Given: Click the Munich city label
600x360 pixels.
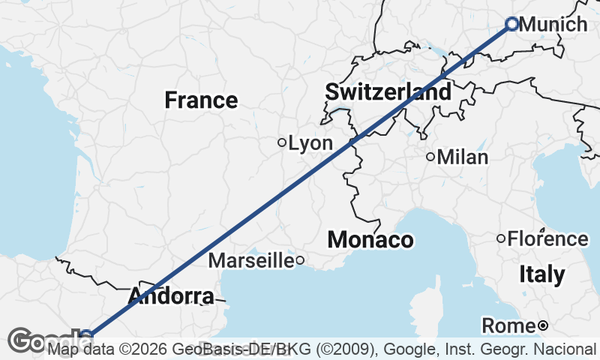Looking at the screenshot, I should point(553,25).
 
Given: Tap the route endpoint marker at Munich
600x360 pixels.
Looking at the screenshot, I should point(512,24).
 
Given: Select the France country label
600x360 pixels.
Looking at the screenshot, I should point(201,100).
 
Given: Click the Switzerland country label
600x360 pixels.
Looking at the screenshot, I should point(388,92).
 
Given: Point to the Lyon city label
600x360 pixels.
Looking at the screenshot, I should point(310,142).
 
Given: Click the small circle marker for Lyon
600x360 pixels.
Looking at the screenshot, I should point(282,142).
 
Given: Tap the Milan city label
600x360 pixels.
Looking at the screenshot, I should point(463,157).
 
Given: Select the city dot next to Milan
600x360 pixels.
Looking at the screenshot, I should point(430,157).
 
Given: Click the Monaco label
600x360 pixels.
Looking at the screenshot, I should point(370,240).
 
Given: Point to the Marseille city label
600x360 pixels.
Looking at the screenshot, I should point(250,261).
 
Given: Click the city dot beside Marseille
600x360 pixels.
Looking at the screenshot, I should point(299,261).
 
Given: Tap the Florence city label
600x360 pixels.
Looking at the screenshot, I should point(548,239).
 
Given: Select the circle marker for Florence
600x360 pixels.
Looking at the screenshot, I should point(501,238).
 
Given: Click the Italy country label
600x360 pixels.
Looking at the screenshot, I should point(542,274).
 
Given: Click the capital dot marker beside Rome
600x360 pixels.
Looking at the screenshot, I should point(542,325).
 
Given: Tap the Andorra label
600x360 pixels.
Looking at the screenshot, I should point(170,296).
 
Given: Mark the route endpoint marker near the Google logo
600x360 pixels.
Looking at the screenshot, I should point(87,335).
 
